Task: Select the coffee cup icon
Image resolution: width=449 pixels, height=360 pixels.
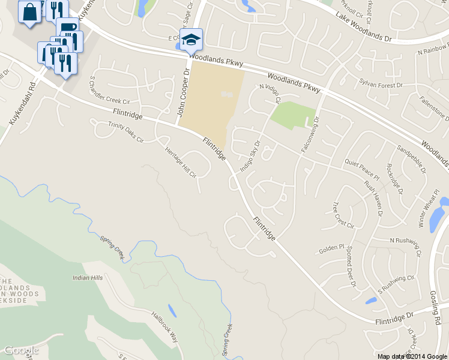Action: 67,27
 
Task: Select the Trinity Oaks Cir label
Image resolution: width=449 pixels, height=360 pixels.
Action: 126,132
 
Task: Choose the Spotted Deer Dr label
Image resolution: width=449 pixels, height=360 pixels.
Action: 352,262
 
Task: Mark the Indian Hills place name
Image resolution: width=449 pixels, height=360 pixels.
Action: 88,278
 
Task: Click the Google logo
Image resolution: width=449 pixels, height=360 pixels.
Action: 21,350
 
